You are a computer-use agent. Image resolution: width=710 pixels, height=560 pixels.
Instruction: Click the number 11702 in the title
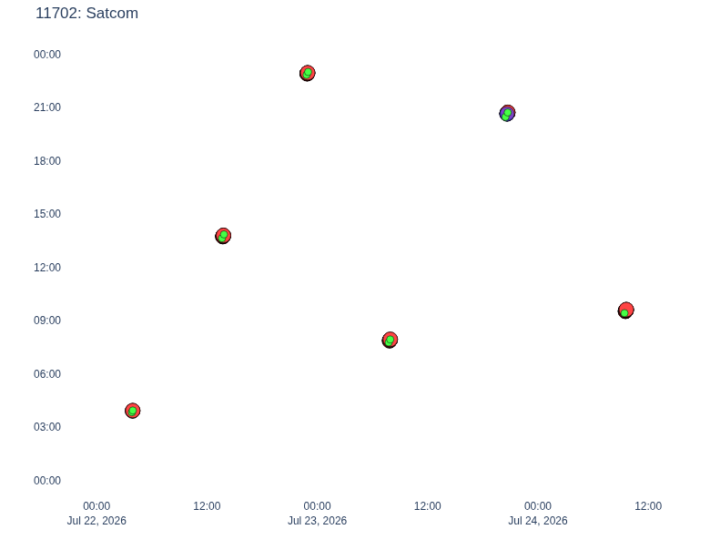coord(57,13)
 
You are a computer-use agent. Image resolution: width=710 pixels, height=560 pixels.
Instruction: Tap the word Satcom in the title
coord(112,13)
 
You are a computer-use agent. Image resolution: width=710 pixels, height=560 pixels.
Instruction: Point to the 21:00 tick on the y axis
coord(47,107)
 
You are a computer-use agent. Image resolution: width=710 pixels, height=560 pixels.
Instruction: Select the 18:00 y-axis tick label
coord(47,161)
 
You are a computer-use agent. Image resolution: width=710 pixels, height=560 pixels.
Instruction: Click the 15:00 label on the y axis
coord(47,214)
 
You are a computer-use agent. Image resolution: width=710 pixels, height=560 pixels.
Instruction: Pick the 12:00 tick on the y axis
coord(47,268)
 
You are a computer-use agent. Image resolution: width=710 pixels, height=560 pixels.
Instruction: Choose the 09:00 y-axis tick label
coord(47,321)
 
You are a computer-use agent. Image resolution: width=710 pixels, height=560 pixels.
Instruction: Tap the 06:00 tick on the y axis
coord(47,373)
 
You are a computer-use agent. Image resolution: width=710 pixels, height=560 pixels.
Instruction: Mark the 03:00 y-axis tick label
coord(47,427)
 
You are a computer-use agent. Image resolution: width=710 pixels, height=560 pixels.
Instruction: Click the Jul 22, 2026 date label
coord(96,521)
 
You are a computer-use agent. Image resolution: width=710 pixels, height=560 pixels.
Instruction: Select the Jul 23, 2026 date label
coord(317,521)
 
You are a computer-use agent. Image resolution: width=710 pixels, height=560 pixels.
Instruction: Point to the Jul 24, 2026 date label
coord(537,521)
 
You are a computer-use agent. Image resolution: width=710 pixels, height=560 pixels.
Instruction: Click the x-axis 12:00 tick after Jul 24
coord(648,506)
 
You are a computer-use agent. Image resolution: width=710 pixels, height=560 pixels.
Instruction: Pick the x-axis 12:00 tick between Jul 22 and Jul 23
coord(207,506)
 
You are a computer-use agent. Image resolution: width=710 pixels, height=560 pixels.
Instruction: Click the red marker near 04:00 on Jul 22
coord(133,411)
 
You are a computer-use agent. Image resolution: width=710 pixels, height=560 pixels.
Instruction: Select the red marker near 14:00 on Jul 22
coord(223,236)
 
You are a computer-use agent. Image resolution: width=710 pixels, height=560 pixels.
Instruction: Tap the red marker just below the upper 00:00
coord(308,73)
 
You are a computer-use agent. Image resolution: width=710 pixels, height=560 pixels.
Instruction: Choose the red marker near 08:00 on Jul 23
coord(390,340)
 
